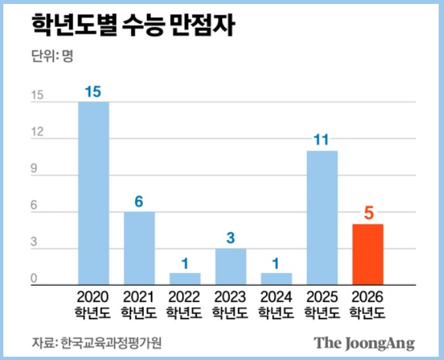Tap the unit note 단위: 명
click(x=52, y=57)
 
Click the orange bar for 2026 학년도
click(x=368, y=254)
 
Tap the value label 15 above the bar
click(x=94, y=91)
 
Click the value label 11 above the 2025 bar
click(x=321, y=140)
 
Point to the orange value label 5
click(x=368, y=213)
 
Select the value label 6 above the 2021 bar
click(x=139, y=201)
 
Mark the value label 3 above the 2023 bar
click(x=231, y=238)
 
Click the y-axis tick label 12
click(x=37, y=133)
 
